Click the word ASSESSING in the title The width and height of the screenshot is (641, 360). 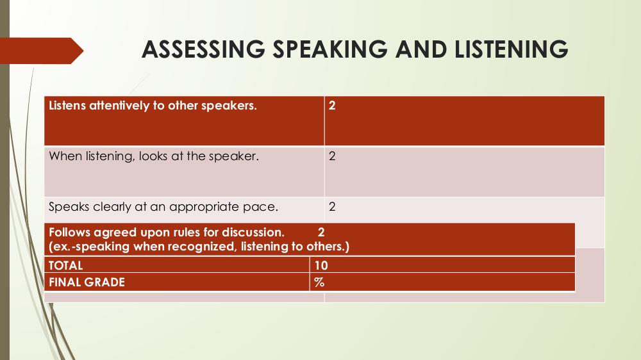[204, 49]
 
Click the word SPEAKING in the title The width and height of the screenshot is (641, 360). [330, 49]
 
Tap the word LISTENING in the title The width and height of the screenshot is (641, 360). [511, 49]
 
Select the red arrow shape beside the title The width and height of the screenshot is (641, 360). [42, 51]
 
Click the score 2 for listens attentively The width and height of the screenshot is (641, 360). [332, 106]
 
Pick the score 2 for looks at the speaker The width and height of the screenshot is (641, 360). [332, 156]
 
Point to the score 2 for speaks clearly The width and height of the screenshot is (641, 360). [332, 207]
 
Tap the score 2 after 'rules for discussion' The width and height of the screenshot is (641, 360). [321, 233]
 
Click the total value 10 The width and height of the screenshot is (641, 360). [321, 266]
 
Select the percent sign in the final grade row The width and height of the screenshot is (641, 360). [319, 282]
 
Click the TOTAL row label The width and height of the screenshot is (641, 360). [66, 266]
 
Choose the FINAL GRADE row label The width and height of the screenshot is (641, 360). [87, 282]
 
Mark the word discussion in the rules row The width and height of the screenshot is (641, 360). [253, 233]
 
